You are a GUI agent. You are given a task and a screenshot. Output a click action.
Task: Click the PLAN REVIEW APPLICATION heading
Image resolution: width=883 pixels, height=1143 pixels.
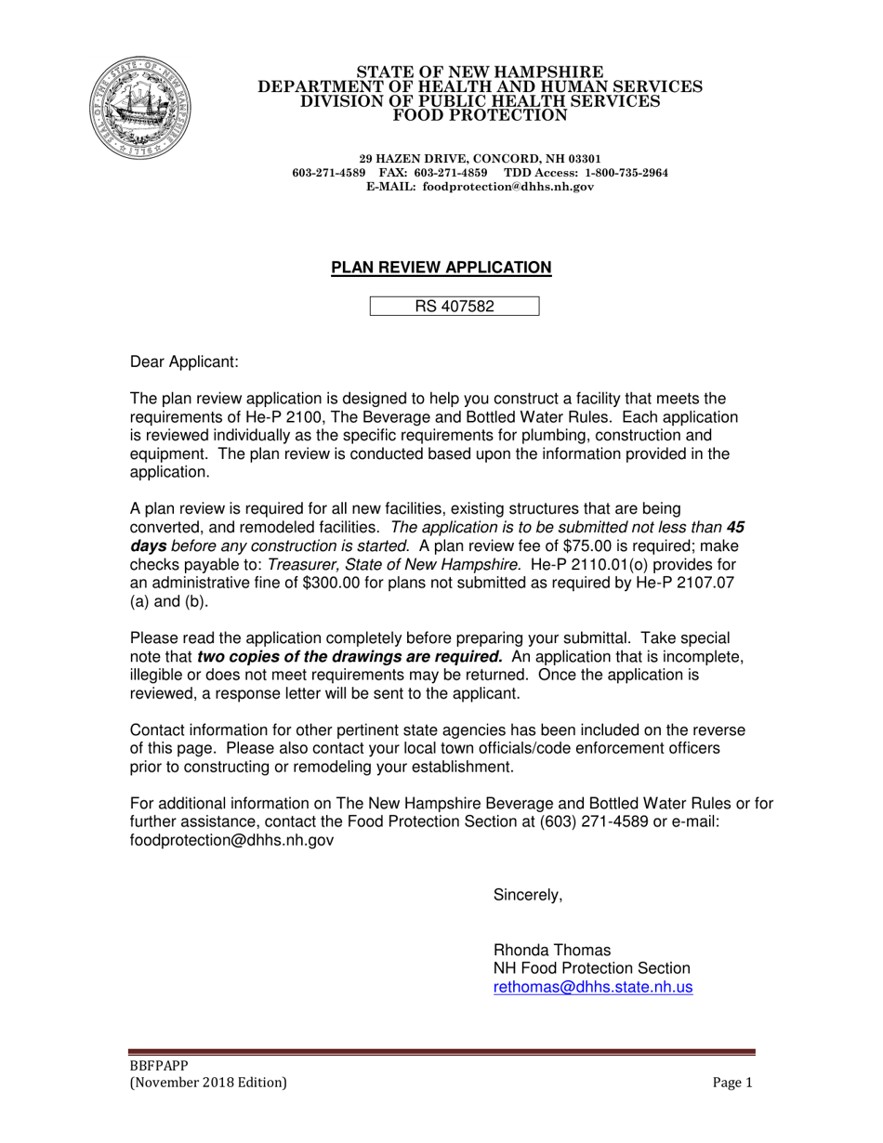(441, 268)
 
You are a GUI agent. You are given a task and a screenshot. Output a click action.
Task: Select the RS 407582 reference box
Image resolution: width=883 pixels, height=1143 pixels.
(455, 307)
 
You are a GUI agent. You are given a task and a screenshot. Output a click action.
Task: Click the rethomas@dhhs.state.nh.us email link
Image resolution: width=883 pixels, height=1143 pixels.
(592, 988)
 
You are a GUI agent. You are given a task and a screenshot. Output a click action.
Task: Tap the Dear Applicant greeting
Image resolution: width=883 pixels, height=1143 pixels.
(184, 361)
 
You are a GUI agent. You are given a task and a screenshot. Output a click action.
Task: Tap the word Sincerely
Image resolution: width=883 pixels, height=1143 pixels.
(527, 896)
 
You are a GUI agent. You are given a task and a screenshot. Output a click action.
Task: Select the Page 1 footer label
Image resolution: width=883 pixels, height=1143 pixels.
(732, 1083)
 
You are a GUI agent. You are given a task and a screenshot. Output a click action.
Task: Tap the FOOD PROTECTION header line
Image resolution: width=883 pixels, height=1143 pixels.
(480, 115)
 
